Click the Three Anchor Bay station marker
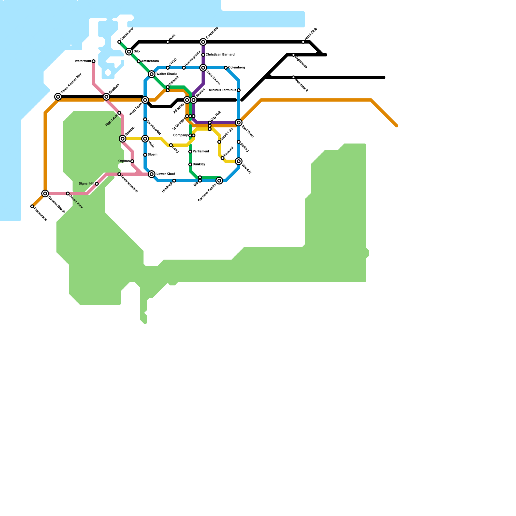58,97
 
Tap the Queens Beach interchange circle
45,193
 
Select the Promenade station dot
32,206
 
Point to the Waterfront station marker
94,61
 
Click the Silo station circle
129,52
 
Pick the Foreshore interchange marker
203,42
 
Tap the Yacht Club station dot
303,42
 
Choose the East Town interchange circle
239,123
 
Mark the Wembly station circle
239,161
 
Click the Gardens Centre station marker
219,181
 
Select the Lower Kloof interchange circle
152,174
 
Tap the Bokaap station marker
123,139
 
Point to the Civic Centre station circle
203,68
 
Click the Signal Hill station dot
97,184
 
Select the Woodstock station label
301,84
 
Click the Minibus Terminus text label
222,90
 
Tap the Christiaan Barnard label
220,55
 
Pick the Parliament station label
201,152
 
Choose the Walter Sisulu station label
166,74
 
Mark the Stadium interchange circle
106,97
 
